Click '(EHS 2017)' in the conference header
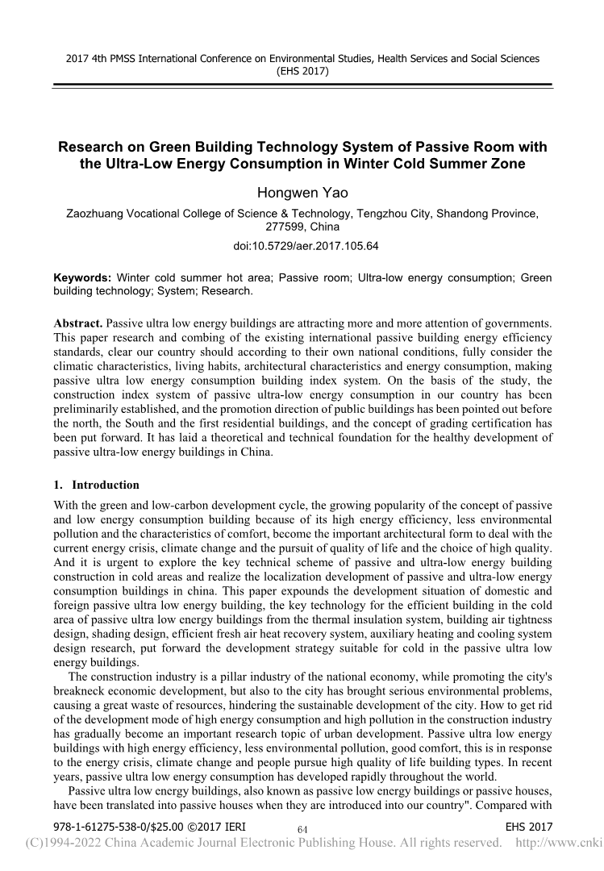(302, 71)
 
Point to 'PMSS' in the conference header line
(112, 59)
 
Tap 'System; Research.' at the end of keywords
(207, 290)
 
